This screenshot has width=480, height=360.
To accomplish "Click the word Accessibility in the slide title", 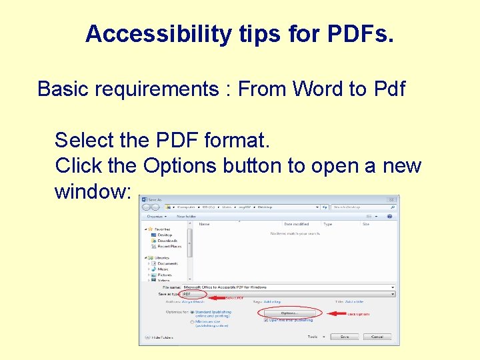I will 156,34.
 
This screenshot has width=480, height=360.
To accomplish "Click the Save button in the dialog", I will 344,337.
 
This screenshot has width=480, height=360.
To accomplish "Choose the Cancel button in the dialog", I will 377,337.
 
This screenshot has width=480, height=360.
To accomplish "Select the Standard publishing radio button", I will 192,311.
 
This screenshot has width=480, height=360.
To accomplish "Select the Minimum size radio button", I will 192,321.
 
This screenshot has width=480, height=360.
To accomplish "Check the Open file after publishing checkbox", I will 266,320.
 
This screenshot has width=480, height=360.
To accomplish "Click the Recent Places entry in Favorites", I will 169,246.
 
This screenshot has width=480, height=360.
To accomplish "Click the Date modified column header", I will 297,224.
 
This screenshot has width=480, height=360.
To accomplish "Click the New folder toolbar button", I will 186,216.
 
